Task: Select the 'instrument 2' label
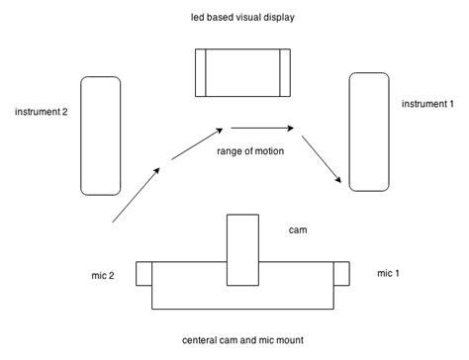click(41, 112)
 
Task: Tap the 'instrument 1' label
click(428, 103)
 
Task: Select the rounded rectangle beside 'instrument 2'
click(101, 135)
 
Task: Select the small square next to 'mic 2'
click(143, 273)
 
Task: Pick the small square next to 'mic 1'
click(342, 273)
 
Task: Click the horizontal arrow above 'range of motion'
click(264, 128)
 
